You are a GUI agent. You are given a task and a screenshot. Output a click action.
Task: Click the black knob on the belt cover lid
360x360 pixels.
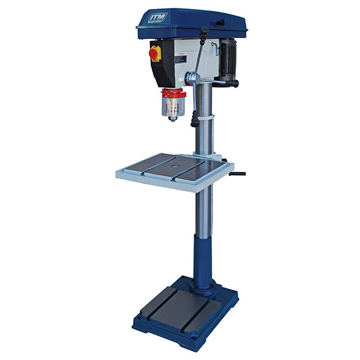pyautogui.click(x=221, y=22)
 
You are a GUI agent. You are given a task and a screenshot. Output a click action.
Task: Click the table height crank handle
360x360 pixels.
pyautogui.click(x=237, y=175)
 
